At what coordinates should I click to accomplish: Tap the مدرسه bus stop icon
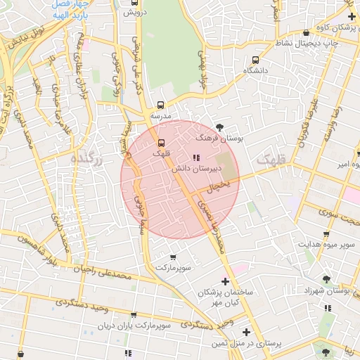[161, 105]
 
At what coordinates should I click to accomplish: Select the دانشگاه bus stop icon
[255, 60]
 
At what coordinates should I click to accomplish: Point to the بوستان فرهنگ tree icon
[221, 127]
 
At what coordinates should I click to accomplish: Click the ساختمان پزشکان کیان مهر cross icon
[225, 281]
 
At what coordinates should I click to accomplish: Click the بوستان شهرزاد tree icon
[325, 279]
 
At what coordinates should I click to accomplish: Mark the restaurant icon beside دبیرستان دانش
[195, 157]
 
